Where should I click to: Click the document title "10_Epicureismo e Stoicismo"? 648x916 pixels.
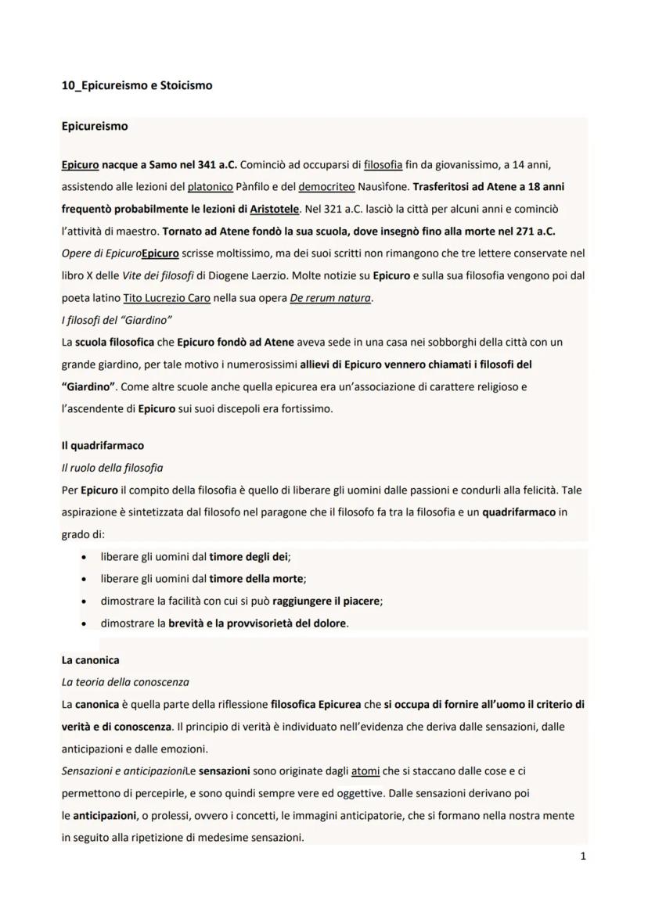136,85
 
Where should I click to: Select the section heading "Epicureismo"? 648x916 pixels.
94,125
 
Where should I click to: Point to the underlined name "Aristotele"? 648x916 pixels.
274,210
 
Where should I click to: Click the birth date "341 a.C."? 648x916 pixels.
212,164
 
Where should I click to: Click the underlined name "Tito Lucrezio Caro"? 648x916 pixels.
167,298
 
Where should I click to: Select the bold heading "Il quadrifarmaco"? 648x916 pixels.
103,445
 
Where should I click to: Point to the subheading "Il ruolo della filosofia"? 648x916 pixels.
112,468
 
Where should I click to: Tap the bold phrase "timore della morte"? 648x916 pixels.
256,579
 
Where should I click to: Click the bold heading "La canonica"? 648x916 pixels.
90,660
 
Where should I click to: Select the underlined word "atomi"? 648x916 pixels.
365,771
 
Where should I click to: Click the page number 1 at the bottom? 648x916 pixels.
583,856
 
